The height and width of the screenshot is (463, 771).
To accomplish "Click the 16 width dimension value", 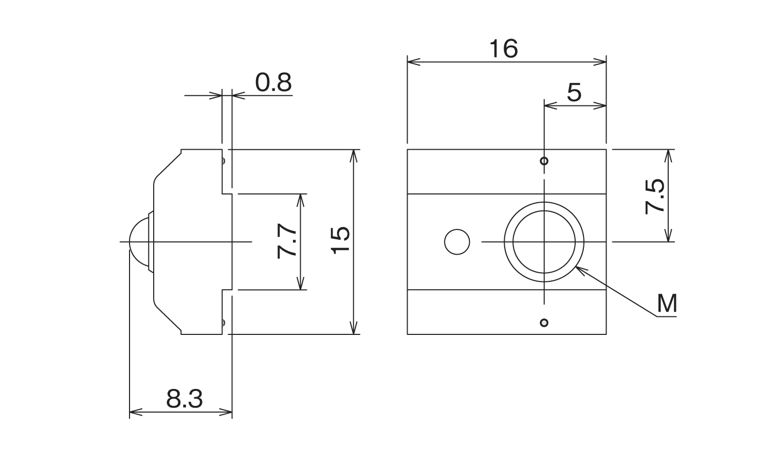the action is click(x=504, y=48).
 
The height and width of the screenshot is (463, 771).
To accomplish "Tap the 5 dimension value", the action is click(x=574, y=92).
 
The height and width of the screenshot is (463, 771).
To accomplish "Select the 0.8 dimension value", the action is click(x=273, y=83).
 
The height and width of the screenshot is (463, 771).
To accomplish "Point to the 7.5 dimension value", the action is click(x=655, y=197).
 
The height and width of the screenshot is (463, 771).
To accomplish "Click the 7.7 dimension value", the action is click(x=287, y=241).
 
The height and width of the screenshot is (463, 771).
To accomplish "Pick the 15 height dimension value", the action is click(x=340, y=240).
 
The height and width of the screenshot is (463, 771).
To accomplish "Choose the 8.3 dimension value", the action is click(x=185, y=399).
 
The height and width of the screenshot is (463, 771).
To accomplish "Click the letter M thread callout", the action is click(x=667, y=304).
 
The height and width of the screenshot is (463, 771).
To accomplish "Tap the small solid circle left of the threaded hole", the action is click(x=457, y=242).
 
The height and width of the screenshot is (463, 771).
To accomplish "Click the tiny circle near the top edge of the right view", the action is click(x=544, y=161).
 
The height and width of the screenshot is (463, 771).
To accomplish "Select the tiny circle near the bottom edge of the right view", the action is click(x=544, y=323).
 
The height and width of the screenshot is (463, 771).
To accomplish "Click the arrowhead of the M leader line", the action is click(x=580, y=270).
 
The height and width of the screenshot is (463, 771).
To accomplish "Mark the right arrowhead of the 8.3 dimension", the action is click(x=226, y=412).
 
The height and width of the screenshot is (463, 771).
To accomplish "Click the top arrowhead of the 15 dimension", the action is click(x=354, y=156).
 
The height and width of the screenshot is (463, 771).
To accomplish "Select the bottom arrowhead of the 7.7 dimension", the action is click(x=301, y=283).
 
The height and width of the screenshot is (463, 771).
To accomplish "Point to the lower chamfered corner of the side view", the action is click(x=167, y=319).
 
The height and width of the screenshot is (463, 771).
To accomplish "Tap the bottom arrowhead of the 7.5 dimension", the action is click(x=668, y=235).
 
